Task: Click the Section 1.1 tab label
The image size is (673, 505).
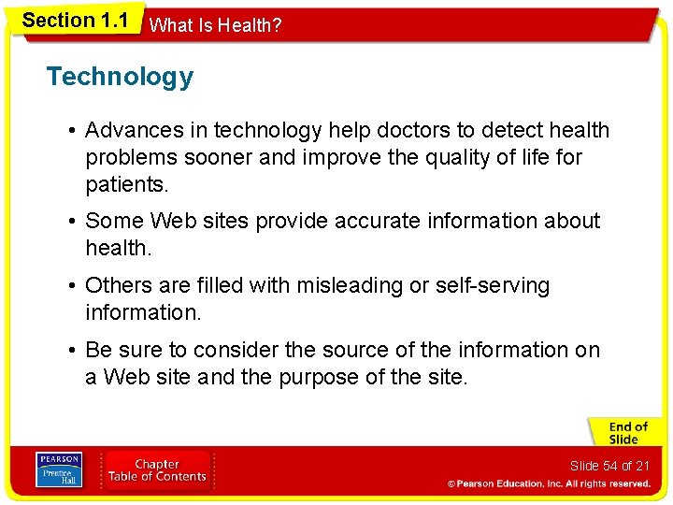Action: (x=75, y=21)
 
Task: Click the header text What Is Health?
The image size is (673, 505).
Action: (x=215, y=25)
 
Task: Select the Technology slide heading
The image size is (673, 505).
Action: (x=120, y=77)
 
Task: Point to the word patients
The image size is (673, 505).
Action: (x=126, y=185)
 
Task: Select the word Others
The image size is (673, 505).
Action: (x=115, y=285)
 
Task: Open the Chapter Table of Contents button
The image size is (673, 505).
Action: (x=157, y=470)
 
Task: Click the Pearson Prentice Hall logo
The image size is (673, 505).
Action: (x=58, y=470)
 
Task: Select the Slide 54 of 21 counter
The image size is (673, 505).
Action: (x=609, y=466)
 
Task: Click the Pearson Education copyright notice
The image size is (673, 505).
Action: (x=548, y=484)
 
